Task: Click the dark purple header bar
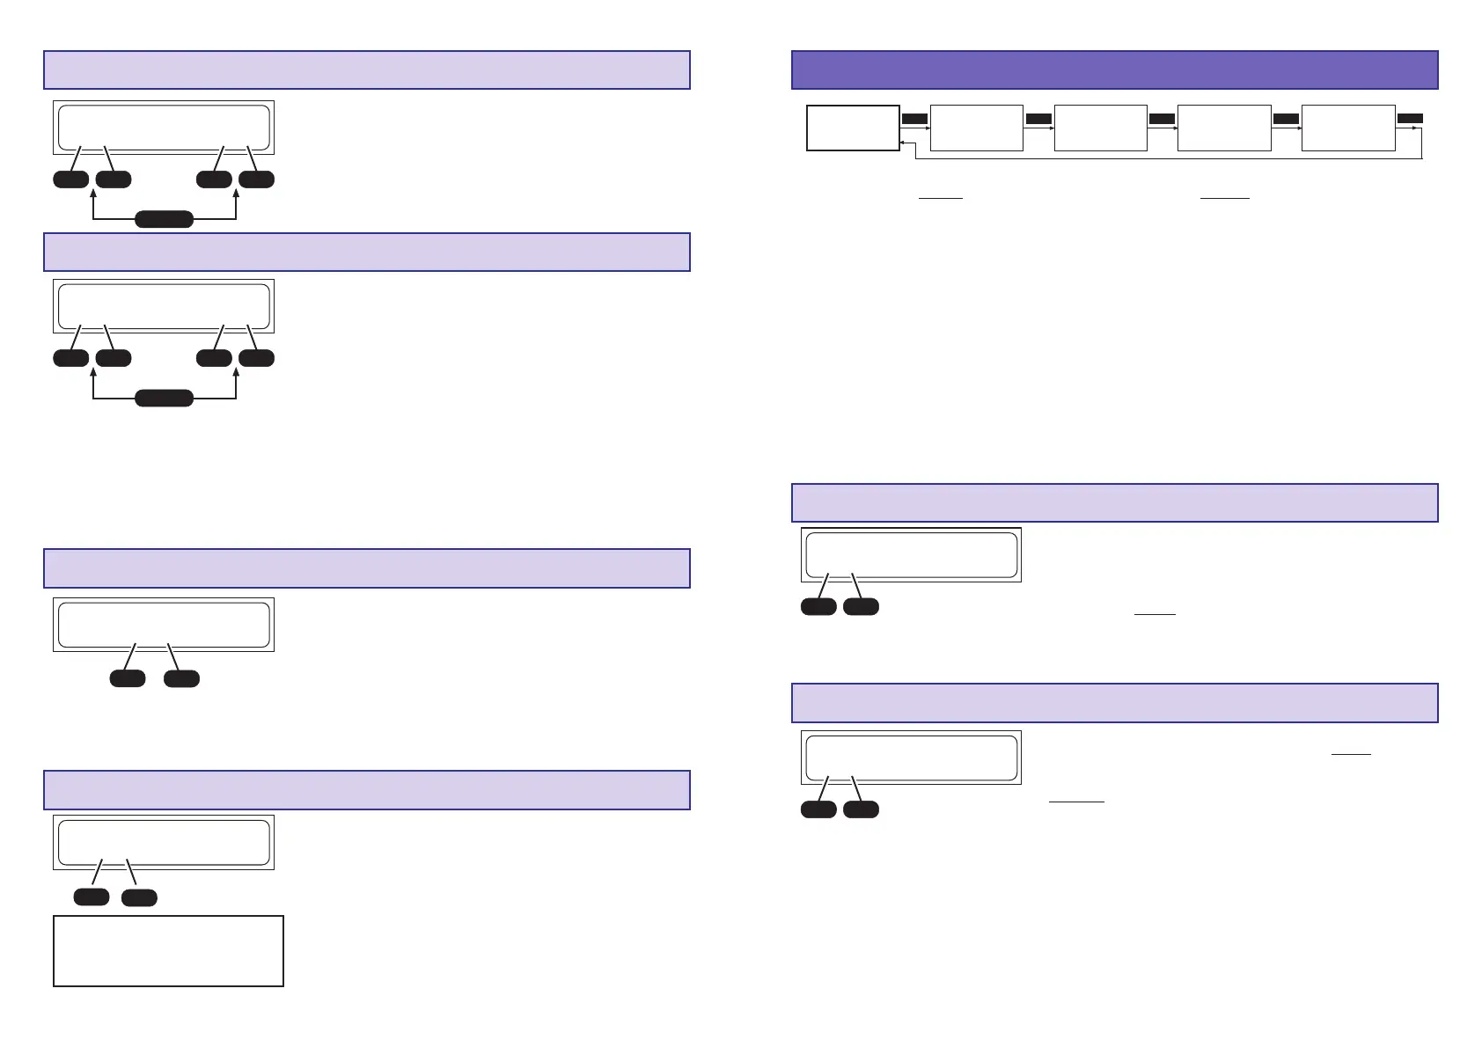tap(1114, 70)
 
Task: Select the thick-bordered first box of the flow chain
tap(853, 128)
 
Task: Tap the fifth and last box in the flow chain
tap(1347, 128)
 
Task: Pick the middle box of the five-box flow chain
tap(1100, 128)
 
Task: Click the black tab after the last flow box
tap(1410, 118)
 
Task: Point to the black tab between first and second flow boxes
tap(914, 118)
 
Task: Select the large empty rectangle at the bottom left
tap(168, 950)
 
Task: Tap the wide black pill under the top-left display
tap(164, 219)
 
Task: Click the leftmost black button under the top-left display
tap(71, 179)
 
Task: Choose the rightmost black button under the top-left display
tap(256, 179)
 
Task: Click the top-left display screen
tap(164, 128)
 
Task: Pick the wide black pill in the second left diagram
tap(164, 399)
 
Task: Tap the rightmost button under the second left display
tap(256, 358)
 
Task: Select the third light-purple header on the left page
tap(366, 567)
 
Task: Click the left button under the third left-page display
tap(127, 678)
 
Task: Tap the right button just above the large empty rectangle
tap(139, 897)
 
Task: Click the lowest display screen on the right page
tap(911, 757)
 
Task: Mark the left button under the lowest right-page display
tap(818, 809)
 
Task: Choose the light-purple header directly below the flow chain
tap(1114, 502)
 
